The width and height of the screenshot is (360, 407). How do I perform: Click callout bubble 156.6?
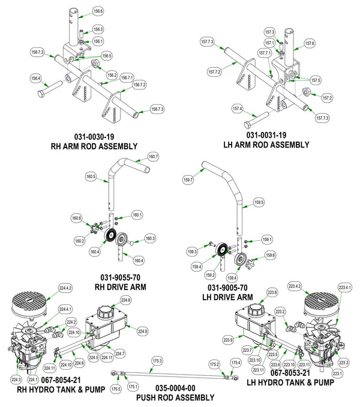pyautogui.click(x=98, y=11)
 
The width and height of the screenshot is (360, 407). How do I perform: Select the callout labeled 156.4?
pyautogui.click(x=35, y=78)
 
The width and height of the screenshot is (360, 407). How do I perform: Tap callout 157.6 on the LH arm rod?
pyautogui.click(x=310, y=43)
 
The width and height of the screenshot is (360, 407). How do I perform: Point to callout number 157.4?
pyautogui.click(x=237, y=109)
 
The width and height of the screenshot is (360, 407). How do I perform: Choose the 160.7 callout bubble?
pyautogui.click(x=153, y=156)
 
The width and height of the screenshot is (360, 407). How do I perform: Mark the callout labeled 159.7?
pyautogui.click(x=188, y=179)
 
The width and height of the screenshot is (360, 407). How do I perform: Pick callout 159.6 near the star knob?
pyautogui.click(x=270, y=255)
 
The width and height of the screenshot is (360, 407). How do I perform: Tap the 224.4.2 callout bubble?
pyautogui.click(x=65, y=288)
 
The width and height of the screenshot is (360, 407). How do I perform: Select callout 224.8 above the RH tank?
pyautogui.click(x=125, y=300)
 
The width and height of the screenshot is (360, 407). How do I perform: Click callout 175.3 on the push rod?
pyautogui.click(x=157, y=360)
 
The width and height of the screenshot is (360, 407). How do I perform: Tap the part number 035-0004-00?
pyautogui.click(x=174, y=388)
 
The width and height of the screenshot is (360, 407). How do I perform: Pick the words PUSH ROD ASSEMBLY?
pyautogui.click(x=174, y=397)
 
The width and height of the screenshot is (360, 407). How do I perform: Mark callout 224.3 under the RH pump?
pyautogui.click(x=16, y=379)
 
